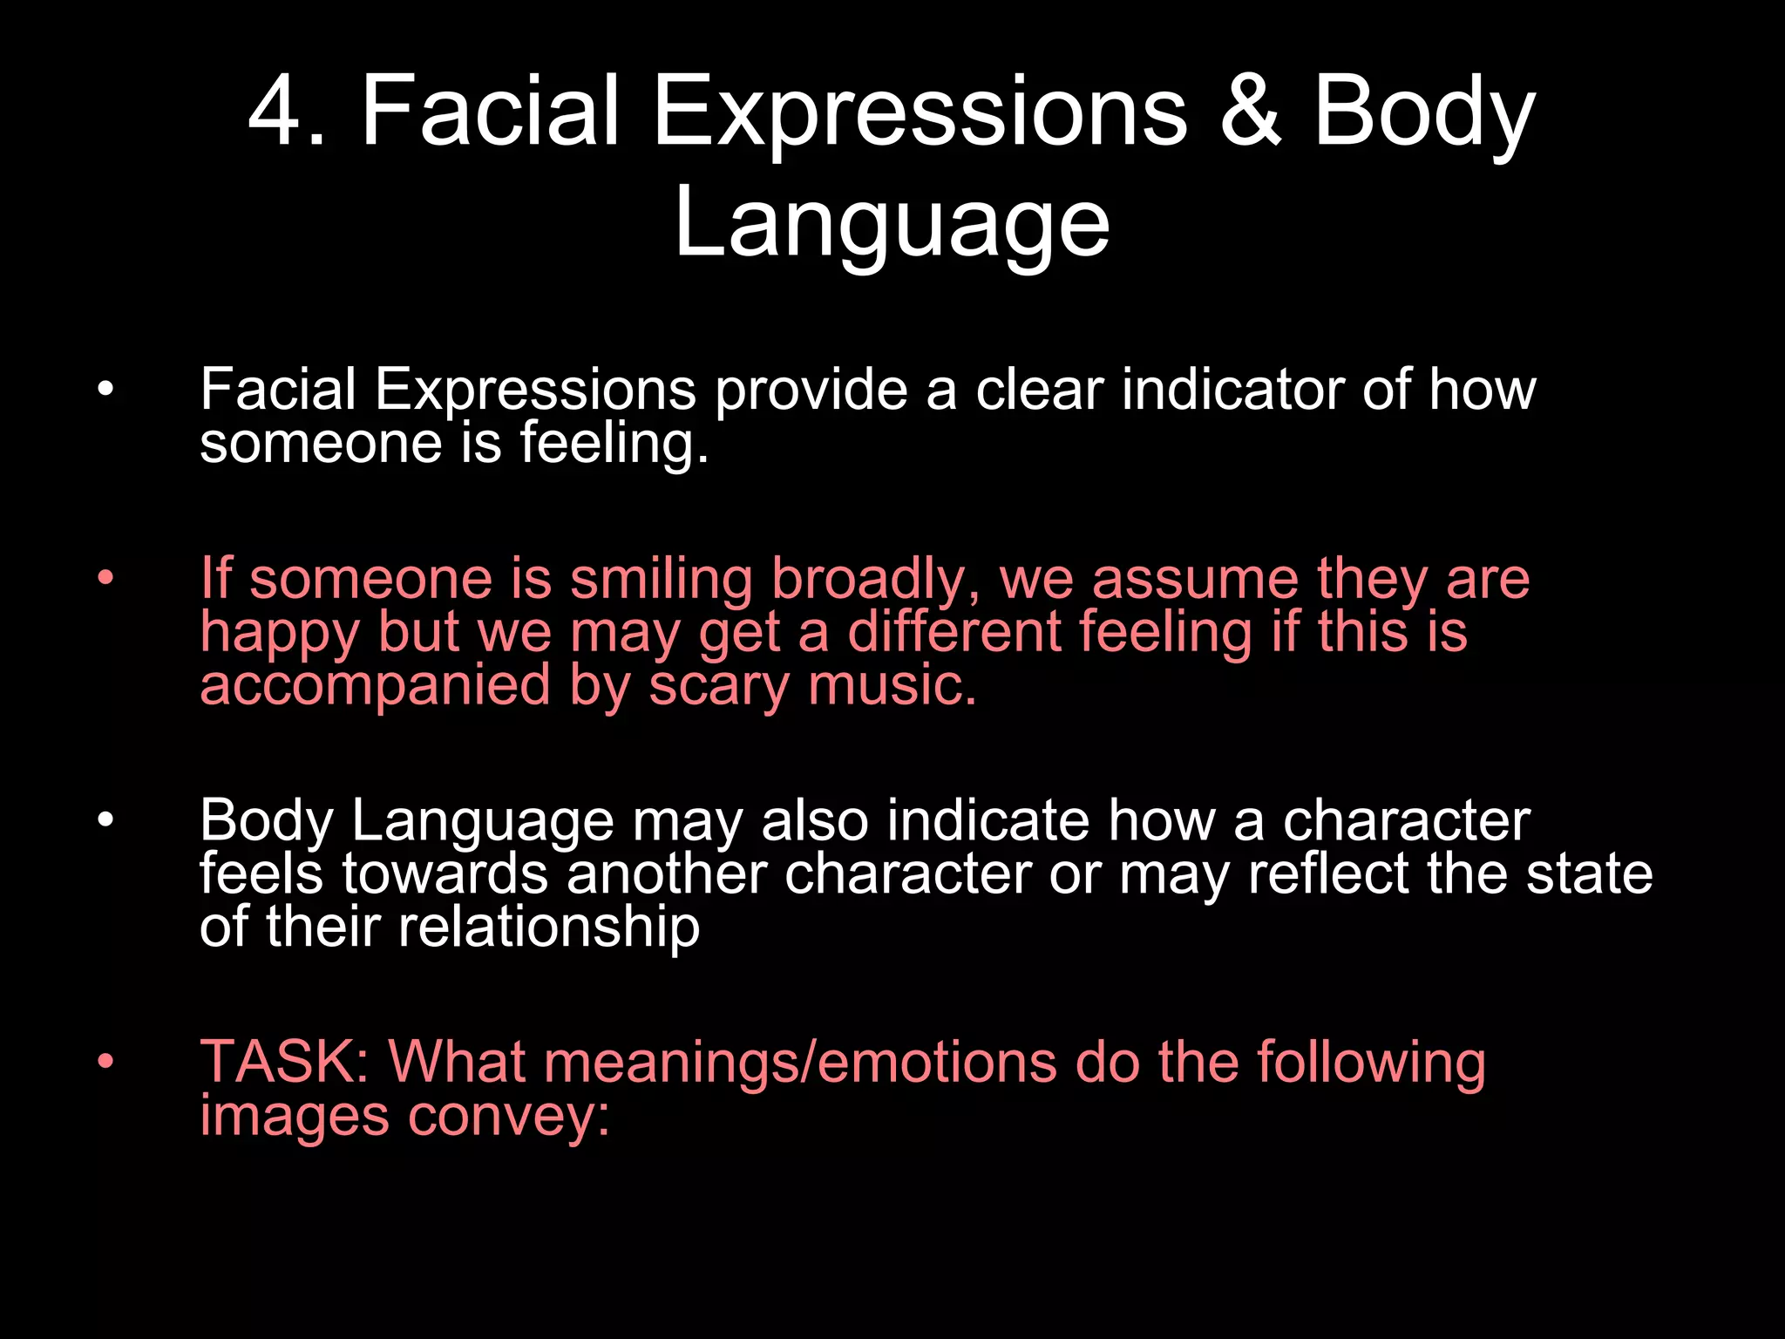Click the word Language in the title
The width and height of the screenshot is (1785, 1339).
tap(892, 224)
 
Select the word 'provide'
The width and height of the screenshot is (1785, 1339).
tap(811, 390)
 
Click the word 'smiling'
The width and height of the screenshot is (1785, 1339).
tap(662, 580)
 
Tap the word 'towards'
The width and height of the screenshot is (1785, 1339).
tap(445, 873)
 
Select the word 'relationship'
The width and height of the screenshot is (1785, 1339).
tap(548, 928)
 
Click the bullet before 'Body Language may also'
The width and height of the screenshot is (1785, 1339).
tap(105, 821)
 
